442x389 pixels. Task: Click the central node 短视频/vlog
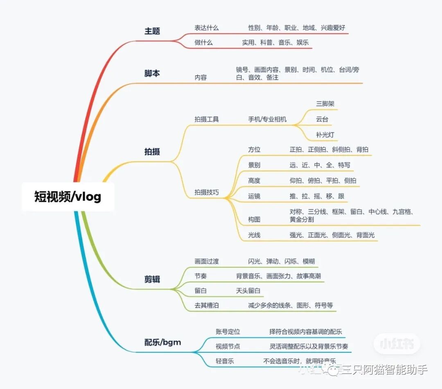click(x=68, y=197)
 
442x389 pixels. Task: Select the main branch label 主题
click(x=152, y=31)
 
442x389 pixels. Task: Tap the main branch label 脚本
click(x=152, y=74)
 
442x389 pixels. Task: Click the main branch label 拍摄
click(x=152, y=152)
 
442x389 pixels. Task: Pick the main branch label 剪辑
click(x=152, y=279)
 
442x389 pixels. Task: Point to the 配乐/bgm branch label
click(x=162, y=342)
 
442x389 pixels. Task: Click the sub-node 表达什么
click(x=207, y=28)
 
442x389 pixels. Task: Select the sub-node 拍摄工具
click(x=207, y=119)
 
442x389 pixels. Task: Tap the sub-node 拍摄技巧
click(x=207, y=192)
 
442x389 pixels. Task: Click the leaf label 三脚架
click(x=325, y=104)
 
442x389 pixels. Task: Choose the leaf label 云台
click(x=322, y=119)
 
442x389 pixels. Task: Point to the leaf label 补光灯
click(x=325, y=135)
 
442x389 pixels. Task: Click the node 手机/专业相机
click(x=267, y=119)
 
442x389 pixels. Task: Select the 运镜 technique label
click(x=254, y=196)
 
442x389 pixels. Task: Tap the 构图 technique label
click(x=254, y=219)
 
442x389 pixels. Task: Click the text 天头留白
click(x=248, y=291)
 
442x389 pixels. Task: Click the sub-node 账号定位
click(x=228, y=331)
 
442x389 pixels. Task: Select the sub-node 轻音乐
click(x=225, y=361)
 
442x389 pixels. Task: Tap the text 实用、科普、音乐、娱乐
click(x=275, y=42)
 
